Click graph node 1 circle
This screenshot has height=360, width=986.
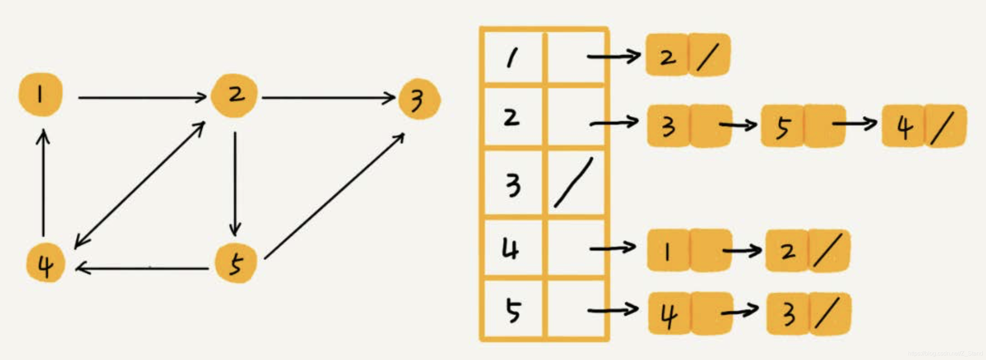40,94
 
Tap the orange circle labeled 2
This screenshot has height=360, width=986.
234,95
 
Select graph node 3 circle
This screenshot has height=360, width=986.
419,99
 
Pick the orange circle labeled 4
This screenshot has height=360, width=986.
45,263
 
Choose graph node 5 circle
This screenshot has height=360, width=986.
235,263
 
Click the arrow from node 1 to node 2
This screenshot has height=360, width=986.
142,98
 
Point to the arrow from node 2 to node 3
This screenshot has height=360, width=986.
328,98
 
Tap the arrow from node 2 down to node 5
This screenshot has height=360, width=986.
235,184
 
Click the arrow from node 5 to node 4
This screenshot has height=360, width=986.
142,269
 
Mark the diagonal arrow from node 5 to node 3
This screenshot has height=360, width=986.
334,196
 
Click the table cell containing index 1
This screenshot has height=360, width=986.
513,57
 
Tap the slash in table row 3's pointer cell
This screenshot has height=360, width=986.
573,183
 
